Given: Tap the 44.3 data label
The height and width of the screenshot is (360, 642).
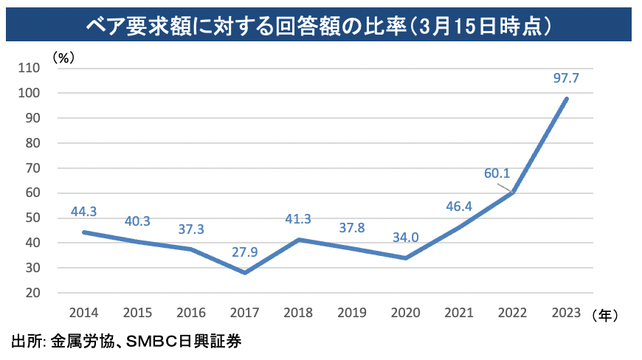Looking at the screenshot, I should click(x=84, y=212).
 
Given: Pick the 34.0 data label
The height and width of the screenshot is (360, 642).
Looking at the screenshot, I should click(x=405, y=238).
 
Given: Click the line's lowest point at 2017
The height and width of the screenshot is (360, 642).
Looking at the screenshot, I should click(x=245, y=273).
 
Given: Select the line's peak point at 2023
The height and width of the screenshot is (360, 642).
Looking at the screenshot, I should click(x=567, y=98).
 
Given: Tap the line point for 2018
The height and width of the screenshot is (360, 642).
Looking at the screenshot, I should click(x=299, y=239).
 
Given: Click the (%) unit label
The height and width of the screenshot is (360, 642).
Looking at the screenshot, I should click(x=63, y=56).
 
